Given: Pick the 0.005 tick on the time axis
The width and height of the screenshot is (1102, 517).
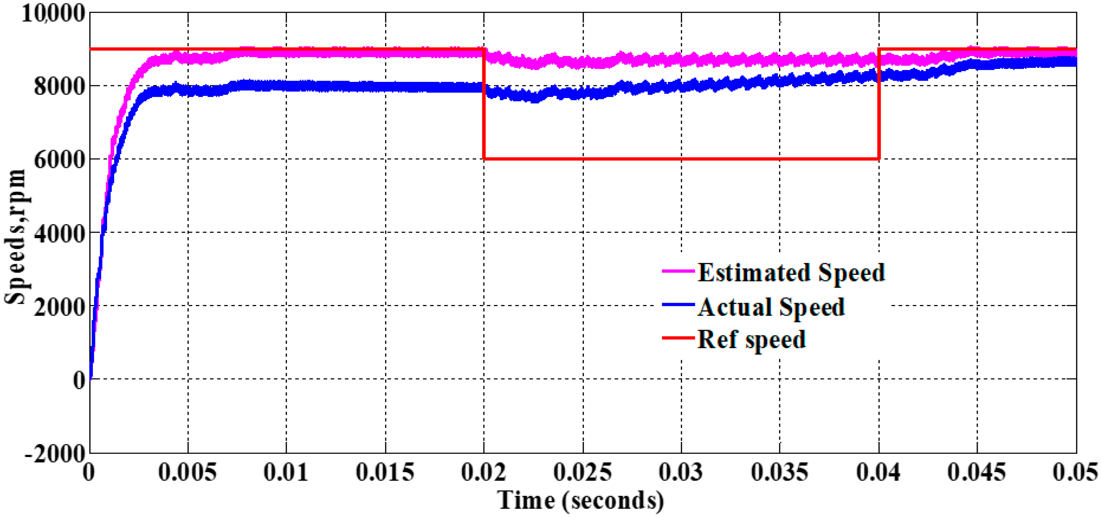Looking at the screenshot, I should [x=187, y=472].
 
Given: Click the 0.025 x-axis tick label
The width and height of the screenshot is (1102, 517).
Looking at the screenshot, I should [x=582, y=472].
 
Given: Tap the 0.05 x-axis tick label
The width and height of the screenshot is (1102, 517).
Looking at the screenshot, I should [x=1075, y=472].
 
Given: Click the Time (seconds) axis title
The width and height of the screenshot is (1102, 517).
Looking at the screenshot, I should [x=581, y=500].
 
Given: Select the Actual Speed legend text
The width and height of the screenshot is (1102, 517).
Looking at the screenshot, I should [x=771, y=307].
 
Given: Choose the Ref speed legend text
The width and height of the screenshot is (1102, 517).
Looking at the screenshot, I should [x=751, y=339].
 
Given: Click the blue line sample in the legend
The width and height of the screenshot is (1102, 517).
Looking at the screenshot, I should [x=678, y=304].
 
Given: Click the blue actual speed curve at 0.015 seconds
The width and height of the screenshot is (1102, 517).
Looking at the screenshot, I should [x=386, y=87].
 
